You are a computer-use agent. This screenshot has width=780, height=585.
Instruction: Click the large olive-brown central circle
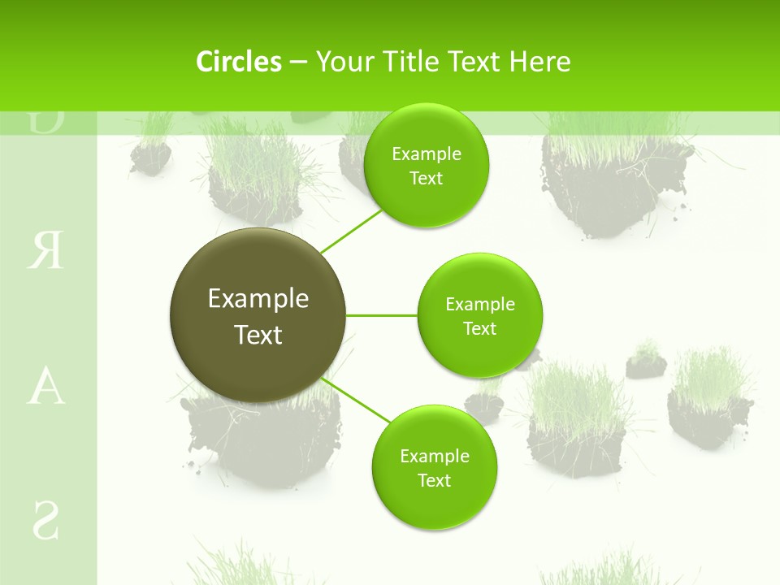click(x=258, y=315)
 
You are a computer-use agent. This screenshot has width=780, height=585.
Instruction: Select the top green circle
click(x=427, y=165)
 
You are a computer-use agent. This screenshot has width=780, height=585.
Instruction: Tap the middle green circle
click(x=479, y=315)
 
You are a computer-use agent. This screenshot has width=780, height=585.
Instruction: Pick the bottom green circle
click(x=434, y=467)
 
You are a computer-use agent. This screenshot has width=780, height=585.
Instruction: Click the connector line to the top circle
click(x=351, y=231)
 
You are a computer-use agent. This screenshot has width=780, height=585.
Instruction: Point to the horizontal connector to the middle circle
click(x=382, y=315)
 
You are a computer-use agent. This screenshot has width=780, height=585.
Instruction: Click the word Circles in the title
click(x=239, y=62)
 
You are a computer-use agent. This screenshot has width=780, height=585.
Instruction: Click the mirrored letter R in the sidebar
click(x=45, y=251)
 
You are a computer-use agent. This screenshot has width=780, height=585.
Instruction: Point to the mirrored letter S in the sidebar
click(x=45, y=521)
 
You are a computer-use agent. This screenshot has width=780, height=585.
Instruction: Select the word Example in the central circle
click(x=258, y=299)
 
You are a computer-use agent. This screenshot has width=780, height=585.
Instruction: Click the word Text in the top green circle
click(x=427, y=179)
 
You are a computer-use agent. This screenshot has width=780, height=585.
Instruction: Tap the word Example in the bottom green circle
click(x=434, y=456)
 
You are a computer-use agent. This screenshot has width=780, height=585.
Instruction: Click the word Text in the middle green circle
click(x=479, y=329)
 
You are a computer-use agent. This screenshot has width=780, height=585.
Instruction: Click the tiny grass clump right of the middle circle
click(x=646, y=362)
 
